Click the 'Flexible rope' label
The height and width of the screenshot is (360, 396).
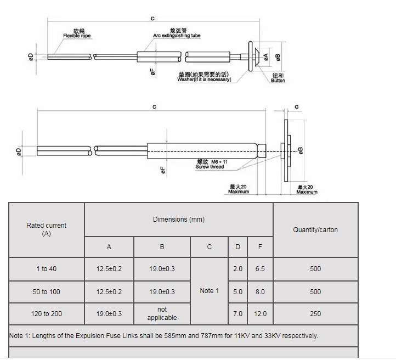tap(77, 36)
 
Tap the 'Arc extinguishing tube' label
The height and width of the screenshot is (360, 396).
tap(177, 36)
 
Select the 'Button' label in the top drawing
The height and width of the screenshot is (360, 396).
tap(278, 81)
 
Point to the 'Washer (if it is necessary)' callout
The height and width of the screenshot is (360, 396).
tap(204, 79)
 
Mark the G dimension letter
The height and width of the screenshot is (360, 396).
tap(297, 107)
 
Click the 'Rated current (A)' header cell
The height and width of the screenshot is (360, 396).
tap(47, 229)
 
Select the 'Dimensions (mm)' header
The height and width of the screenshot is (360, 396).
tap(179, 220)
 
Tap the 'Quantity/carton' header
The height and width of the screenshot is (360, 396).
tap(315, 230)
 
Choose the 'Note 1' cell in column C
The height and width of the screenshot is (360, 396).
tap(209, 291)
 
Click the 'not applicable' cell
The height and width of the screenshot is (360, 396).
tap(162, 313)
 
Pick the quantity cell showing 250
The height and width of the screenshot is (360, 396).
tap(315, 314)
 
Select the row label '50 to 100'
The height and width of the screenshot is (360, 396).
tap(47, 292)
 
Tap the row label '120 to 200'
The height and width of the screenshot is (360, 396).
tap(47, 314)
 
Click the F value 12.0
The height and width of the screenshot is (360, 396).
tap(260, 314)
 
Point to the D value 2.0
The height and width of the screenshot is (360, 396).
tap(237, 269)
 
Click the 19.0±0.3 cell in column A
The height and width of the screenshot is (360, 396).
tap(109, 314)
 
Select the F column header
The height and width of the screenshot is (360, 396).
tap(260, 247)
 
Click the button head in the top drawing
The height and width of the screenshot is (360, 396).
tap(252, 55)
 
